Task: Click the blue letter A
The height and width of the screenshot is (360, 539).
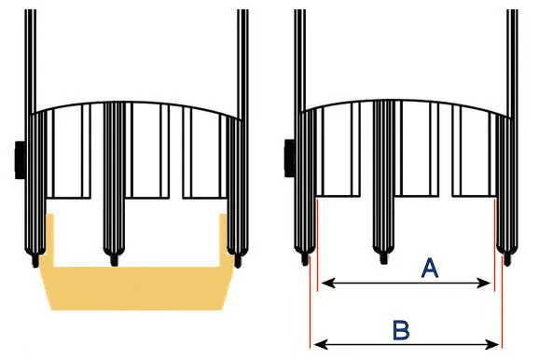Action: pyautogui.click(x=430, y=269)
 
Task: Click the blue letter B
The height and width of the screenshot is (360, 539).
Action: pyautogui.click(x=401, y=330)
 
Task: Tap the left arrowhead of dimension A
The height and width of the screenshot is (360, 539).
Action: pyautogui.click(x=328, y=284)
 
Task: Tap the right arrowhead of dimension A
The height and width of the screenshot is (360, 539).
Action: pyautogui.click(x=484, y=284)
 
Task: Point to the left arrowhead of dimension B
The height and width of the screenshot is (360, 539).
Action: pyautogui.click(x=321, y=344)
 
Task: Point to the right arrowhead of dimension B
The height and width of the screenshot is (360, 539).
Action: pyautogui.click(x=491, y=344)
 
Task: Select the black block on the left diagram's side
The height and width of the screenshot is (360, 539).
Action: pyautogui.click(x=21, y=159)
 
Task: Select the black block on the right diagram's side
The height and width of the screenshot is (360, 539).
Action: pyautogui.click(x=290, y=159)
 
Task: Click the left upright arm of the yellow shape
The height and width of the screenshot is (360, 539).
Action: pyautogui.click(x=49, y=240)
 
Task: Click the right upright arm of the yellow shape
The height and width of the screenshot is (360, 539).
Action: pyautogui.click(x=224, y=240)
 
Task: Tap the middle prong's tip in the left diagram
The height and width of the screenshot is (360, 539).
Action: pyautogui.click(x=114, y=260)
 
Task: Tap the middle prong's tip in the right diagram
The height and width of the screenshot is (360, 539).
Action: pyautogui.click(x=383, y=258)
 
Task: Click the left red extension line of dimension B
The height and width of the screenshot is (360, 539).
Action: pyautogui.click(x=310, y=302)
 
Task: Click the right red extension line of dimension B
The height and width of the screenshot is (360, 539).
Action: pyautogui.click(x=503, y=302)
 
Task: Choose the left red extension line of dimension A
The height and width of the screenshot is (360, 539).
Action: pyautogui.click(x=317, y=245)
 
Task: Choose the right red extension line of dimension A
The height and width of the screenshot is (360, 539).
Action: pyautogui.click(x=494, y=245)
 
